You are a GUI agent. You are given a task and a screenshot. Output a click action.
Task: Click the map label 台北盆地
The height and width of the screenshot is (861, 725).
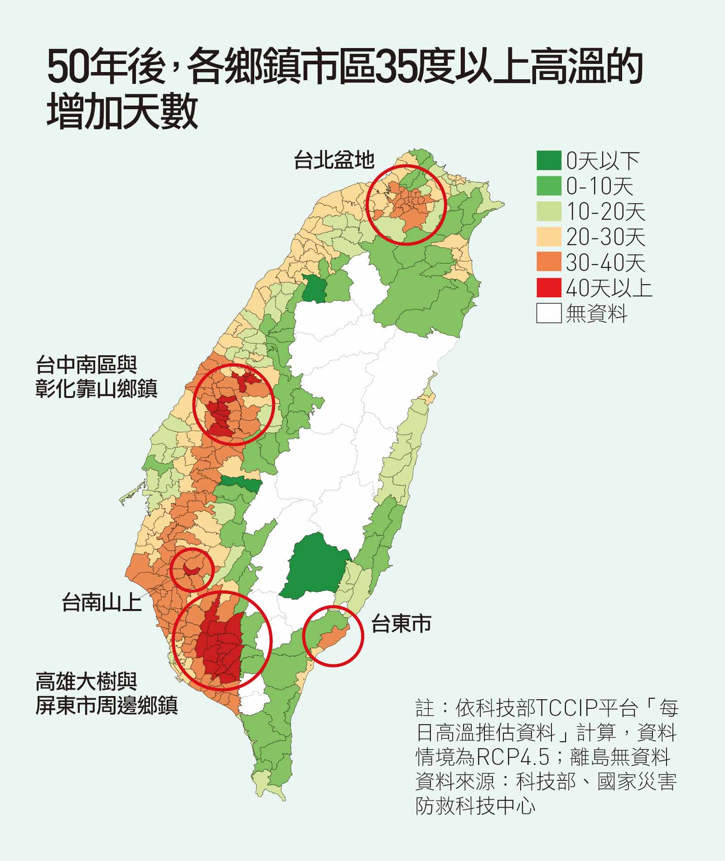click(334, 160)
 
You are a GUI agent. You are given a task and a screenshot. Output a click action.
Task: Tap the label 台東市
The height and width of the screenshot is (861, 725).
click(401, 624)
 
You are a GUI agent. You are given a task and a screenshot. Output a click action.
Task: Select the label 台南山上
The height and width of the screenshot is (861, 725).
click(102, 602)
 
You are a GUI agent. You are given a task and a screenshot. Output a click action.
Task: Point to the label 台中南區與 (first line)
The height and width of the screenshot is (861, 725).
click(86, 365)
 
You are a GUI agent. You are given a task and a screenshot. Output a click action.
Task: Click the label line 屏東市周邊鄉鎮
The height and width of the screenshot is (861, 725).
click(106, 705)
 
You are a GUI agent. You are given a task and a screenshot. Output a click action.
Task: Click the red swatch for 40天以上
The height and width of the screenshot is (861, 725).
click(548, 287)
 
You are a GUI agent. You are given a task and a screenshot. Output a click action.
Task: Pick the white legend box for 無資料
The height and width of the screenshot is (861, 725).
click(548, 313)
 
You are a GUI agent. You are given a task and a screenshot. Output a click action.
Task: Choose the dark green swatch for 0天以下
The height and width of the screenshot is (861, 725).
click(548, 160)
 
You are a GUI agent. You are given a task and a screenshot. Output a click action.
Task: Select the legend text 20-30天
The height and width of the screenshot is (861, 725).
click(605, 237)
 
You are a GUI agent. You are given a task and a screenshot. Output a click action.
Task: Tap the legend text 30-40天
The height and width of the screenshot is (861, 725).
click(605, 262)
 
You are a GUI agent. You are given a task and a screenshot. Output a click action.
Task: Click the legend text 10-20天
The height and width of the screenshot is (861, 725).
click(605, 212)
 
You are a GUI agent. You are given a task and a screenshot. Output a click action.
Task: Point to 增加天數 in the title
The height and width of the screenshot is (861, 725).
click(122, 111)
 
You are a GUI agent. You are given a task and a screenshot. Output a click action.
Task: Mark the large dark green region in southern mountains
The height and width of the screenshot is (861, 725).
click(317, 566)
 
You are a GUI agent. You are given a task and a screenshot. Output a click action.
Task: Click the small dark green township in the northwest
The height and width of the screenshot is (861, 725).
click(314, 288)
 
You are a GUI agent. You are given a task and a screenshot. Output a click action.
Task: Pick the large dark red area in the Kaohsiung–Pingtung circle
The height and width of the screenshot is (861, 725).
click(220, 643)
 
